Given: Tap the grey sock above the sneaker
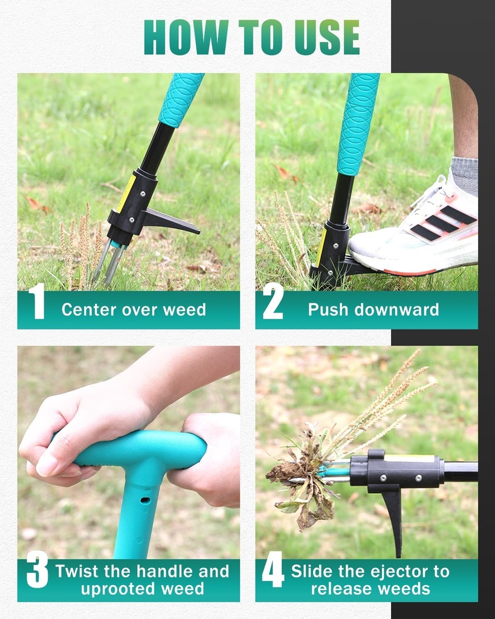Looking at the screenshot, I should pos(465,175).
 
